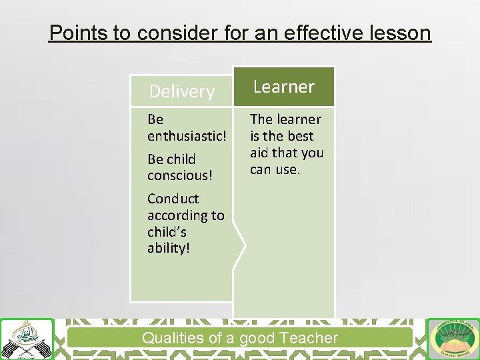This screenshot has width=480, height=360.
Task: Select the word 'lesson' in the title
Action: pos(401,32)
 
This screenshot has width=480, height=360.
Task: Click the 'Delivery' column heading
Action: pos(181,91)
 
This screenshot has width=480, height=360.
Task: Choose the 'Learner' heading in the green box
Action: pos(284,87)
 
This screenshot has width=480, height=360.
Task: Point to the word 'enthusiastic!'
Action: pos(187,136)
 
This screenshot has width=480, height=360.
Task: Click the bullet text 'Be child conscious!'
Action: pos(172,167)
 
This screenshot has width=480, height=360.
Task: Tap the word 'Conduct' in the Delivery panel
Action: pos(173,199)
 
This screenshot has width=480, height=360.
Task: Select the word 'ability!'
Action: pos(169,248)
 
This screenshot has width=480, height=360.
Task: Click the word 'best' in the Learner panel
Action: pos(300,136)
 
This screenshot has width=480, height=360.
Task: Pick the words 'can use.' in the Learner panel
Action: pos(275,169)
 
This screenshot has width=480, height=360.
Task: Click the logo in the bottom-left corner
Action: pos(26,339)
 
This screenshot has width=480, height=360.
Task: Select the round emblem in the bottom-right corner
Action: pos(453,339)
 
